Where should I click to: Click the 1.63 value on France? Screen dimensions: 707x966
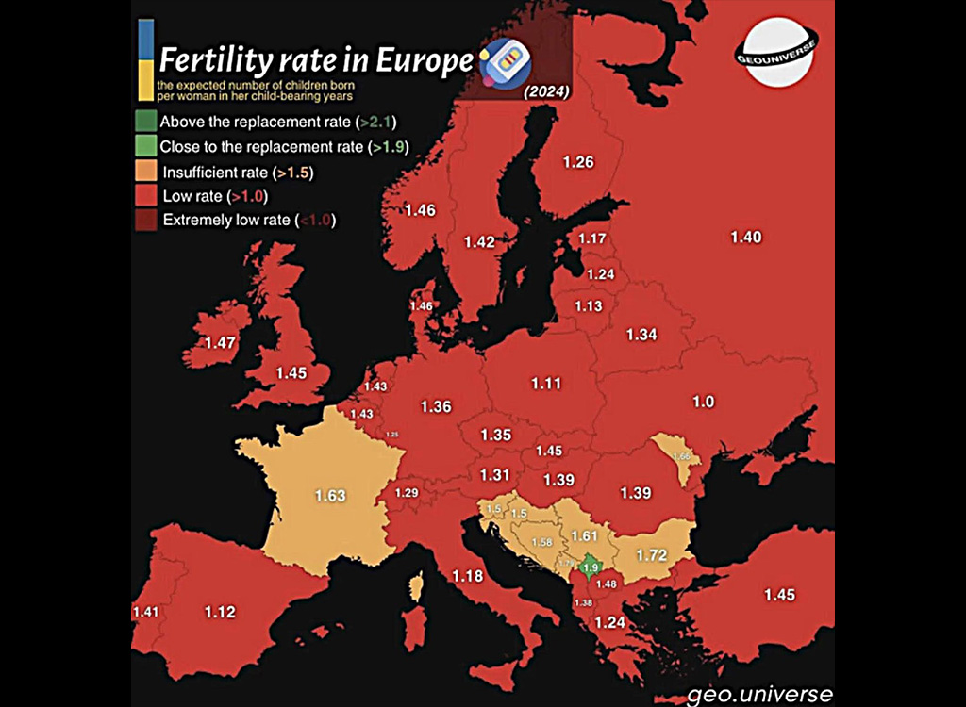[x=330, y=495]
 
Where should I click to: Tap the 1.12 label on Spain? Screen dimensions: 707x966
[x=219, y=613]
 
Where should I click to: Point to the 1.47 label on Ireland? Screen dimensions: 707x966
[x=220, y=343]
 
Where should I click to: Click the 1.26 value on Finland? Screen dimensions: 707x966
[x=577, y=162]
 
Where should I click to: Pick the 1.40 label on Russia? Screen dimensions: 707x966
[x=745, y=238]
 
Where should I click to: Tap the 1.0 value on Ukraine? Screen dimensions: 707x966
[x=703, y=402]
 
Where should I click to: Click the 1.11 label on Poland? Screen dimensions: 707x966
[x=545, y=384]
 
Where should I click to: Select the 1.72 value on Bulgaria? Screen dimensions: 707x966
[x=652, y=554]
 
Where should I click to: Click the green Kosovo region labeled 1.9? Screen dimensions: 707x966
[x=590, y=567]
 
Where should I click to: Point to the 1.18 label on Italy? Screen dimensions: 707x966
[x=467, y=576]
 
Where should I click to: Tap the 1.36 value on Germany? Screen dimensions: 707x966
[x=435, y=407]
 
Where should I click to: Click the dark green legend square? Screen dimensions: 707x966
[x=144, y=122]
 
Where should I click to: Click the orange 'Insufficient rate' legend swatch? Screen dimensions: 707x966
[x=144, y=172]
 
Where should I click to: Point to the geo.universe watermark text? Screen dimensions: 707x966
[x=760, y=695]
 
